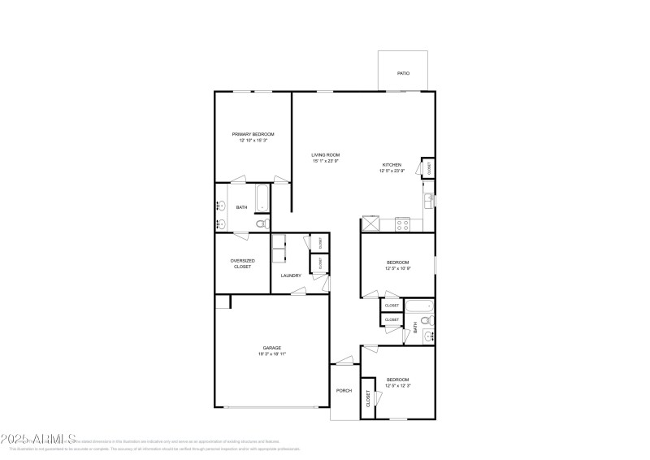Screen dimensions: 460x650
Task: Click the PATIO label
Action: click(x=403, y=73)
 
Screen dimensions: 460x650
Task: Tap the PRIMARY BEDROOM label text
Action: click(x=253, y=134)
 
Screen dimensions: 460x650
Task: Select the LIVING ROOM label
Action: click(x=325, y=154)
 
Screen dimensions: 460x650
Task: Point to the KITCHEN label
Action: click(x=392, y=165)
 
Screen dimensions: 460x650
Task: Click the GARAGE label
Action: click(x=271, y=348)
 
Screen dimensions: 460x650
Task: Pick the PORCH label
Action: click(x=344, y=391)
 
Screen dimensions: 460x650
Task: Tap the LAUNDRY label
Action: click(x=291, y=276)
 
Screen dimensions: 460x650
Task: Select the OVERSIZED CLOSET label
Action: click(x=242, y=263)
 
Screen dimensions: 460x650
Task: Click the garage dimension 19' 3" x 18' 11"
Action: click(x=271, y=354)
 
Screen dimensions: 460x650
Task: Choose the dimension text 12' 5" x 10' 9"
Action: click(x=397, y=268)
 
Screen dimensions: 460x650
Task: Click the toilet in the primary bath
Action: click(x=261, y=223)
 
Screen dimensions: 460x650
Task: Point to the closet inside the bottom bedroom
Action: click(x=368, y=399)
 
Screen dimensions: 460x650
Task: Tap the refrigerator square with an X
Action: click(x=371, y=222)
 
